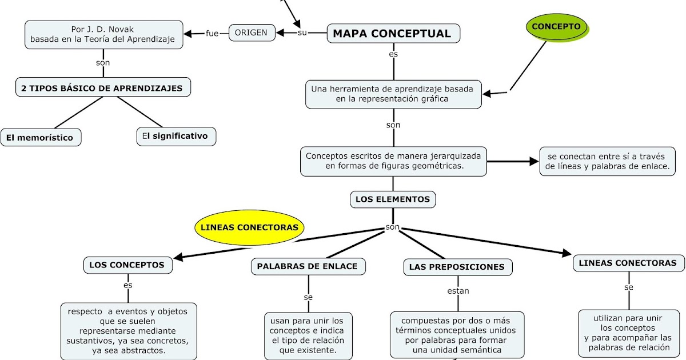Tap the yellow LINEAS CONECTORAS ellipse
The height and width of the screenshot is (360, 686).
point(250,227)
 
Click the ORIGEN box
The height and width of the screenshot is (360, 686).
point(251,33)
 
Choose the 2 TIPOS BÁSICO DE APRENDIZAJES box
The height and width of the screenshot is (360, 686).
point(102,88)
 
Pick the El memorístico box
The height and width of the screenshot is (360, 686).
point(40,138)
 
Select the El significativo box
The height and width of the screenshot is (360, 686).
point(176,137)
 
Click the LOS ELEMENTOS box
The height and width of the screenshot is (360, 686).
point(392,199)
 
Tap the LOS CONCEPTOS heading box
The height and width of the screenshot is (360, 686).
point(127,265)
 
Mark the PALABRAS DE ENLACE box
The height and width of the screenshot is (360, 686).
point(307,266)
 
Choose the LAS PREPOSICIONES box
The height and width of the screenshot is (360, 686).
point(457,267)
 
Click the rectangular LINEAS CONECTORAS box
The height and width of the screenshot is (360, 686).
point(628,263)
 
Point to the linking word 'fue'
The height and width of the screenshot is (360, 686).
point(212,33)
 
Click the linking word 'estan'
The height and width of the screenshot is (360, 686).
point(458,291)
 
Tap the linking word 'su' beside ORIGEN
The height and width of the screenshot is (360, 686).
point(302,33)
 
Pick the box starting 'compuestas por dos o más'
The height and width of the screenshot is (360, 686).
point(457,335)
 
